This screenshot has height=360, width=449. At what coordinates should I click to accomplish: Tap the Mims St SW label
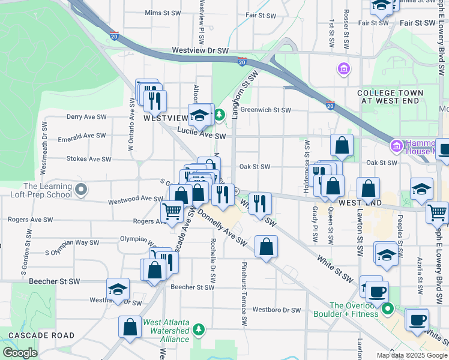click(x=163, y=12)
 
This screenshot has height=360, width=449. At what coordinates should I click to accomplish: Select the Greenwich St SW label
click(x=265, y=110)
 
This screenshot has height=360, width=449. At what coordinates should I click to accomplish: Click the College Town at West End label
click(x=390, y=97)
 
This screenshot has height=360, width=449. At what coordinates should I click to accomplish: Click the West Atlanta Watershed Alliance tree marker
click(x=199, y=329)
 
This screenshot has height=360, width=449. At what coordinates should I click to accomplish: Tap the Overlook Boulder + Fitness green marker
click(x=388, y=310)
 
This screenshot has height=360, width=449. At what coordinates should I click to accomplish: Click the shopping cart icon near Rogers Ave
click(x=172, y=211)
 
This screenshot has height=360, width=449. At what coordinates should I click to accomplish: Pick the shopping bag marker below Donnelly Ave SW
click(x=266, y=246)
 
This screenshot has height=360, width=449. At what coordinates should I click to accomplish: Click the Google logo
click(x=20, y=353)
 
